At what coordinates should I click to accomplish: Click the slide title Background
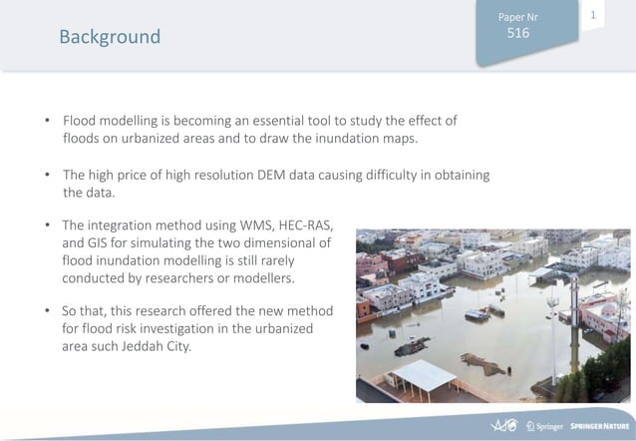pyautogui.click(x=110, y=37)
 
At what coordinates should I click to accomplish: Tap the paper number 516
pyautogui.click(x=517, y=33)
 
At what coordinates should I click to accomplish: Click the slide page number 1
pyautogui.click(x=593, y=15)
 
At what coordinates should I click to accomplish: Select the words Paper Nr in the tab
pyautogui.click(x=517, y=16)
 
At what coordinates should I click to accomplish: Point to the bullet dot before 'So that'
pyautogui.click(x=48, y=311)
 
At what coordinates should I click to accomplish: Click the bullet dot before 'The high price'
pyautogui.click(x=48, y=176)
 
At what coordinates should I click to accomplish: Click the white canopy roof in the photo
pyautogui.click(x=424, y=376)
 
